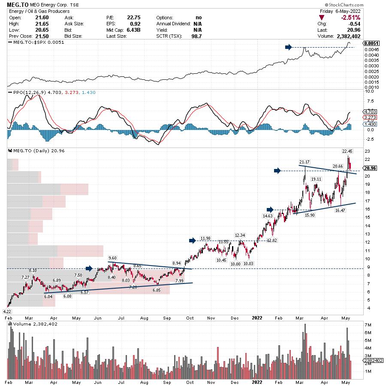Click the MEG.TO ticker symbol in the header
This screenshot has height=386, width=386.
coord(17,5)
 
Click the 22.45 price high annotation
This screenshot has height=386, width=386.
coord(347,151)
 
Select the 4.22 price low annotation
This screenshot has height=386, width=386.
coord(7,311)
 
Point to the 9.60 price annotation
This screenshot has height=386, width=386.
coord(112,258)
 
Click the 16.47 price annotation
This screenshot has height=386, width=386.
coord(340,211)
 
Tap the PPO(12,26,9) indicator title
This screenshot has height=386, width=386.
coord(27,92)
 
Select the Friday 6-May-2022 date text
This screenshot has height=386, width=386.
coord(340,11)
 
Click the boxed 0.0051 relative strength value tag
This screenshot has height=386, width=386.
coord(371,43)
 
